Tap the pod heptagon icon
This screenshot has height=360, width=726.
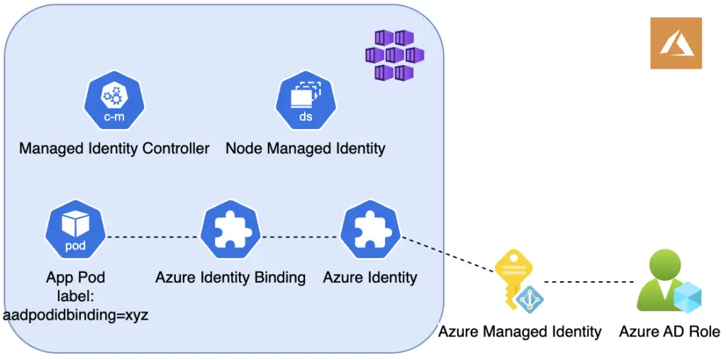coord(75,231)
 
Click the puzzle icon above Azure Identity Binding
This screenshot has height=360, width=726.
coord(230,231)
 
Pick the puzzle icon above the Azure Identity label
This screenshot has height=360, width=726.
coord(370,231)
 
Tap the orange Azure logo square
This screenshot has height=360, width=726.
coord(676,43)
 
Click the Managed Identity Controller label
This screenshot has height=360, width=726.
coord(114,149)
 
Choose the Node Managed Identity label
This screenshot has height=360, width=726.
coord(305,149)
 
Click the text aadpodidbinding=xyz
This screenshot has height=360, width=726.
coord(75,316)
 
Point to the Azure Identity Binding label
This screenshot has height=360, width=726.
coord(230,278)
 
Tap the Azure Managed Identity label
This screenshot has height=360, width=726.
coord(520,332)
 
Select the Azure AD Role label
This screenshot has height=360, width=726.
coord(669,332)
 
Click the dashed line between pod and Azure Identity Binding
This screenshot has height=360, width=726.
coord(153,237)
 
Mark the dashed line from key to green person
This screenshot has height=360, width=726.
coord(588,282)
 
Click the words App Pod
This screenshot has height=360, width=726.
coord(75,278)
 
